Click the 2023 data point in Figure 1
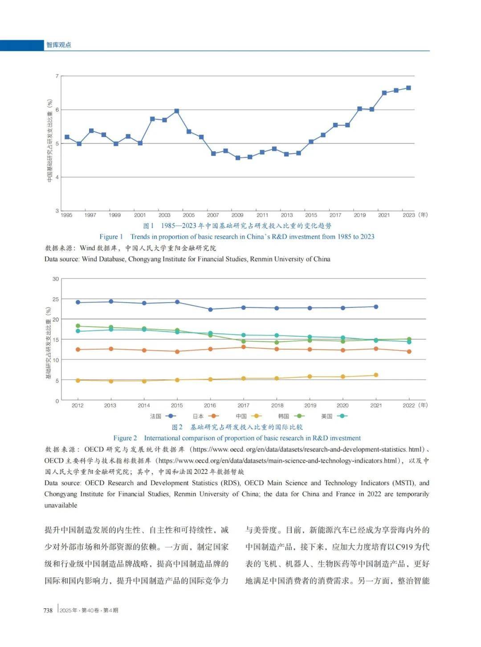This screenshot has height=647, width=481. tap(408, 88)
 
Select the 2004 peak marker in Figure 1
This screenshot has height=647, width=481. tap(177, 111)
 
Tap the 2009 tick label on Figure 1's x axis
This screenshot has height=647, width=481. tap(237, 215)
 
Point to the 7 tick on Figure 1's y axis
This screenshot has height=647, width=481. tap(57, 77)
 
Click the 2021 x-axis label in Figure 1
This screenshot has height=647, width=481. tap(384, 215)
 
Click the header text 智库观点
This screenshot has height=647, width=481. tap(59, 45)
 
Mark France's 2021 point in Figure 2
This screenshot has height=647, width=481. tap(376, 307)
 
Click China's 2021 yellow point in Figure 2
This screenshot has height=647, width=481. tap(376, 375)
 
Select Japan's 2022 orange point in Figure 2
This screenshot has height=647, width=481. tap(409, 352)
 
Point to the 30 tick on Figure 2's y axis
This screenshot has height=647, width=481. tap(56, 279)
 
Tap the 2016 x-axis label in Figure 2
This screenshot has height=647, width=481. tap(210, 405)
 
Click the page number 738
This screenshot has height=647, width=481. tap(48, 610)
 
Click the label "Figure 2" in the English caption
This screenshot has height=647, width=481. tap(125, 438)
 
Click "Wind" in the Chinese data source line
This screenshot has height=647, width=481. tap(87, 248)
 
